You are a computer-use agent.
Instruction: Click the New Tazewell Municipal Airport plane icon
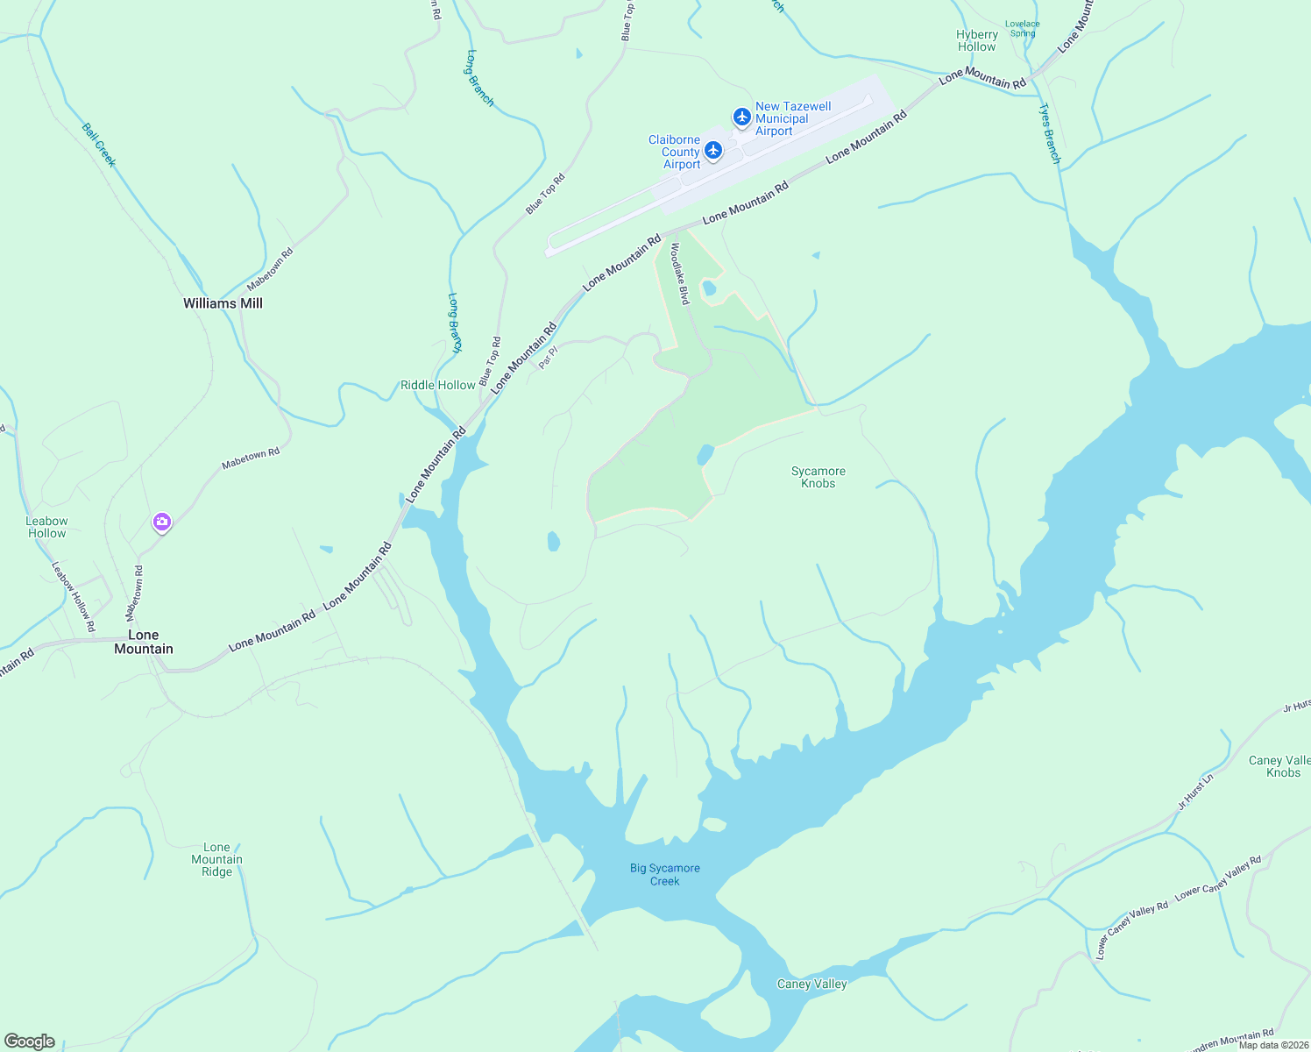[x=742, y=117]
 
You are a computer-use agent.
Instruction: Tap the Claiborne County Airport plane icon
[x=713, y=151]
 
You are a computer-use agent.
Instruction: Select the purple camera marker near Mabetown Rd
[x=161, y=522]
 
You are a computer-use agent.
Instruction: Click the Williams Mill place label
[x=223, y=303]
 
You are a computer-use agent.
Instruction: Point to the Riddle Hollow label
[x=438, y=385]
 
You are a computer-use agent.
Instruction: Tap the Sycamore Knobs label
[x=818, y=477]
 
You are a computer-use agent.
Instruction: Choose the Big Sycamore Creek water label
[x=665, y=874]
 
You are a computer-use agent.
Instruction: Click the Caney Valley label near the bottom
[x=812, y=984]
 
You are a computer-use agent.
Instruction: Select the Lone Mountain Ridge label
[x=216, y=859]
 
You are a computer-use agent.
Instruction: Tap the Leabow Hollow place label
[x=47, y=527]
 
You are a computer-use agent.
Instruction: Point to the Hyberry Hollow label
[x=977, y=41]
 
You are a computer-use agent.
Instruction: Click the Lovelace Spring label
[x=1023, y=29]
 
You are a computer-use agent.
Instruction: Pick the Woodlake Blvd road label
[x=679, y=274]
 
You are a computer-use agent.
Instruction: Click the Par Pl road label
[x=549, y=356]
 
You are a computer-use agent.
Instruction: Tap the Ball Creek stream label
[x=99, y=145]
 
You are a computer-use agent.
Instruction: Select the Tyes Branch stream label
[x=1050, y=133]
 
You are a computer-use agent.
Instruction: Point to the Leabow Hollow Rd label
[x=74, y=596]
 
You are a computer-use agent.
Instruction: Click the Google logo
[x=29, y=1041]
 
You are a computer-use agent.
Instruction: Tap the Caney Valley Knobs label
[x=1280, y=766]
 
